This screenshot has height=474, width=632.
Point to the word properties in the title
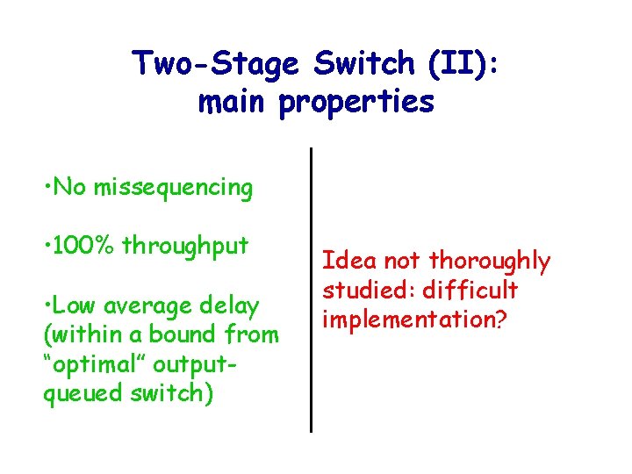356,104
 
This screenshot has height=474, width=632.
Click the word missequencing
173,188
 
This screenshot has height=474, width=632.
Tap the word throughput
186,246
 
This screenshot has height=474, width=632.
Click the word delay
228,305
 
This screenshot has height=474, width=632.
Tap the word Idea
345,261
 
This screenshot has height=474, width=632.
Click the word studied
363,290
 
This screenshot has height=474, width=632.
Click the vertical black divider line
311,290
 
